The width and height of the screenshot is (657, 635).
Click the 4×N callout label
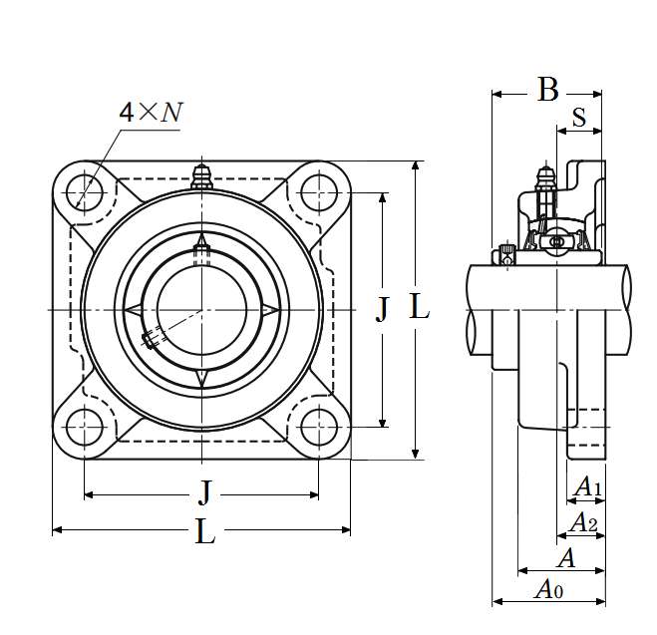point(152,113)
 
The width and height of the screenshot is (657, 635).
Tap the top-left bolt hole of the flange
point(84,192)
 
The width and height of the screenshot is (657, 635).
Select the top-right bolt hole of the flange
point(319,192)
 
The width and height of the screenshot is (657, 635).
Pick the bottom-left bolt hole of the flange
point(84,428)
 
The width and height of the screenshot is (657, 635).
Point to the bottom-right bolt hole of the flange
point(319,428)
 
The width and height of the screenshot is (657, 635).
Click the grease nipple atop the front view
point(202,177)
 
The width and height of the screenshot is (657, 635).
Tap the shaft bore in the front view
point(202,310)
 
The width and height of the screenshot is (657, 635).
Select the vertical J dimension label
point(382,310)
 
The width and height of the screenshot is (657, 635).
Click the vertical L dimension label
point(419,306)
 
